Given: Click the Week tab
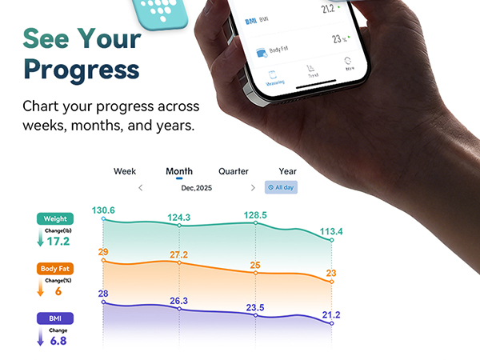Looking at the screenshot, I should pyautogui.click(x=125, y=171).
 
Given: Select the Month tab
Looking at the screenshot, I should pyautogui.click(x=178, y=171).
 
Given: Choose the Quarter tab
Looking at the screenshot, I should pyautogui.click(x=234, y=171).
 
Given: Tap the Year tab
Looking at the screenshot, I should pyautogui.click(x=287, y=171).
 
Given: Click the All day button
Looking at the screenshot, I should pyautogui.click(x=281, y=187).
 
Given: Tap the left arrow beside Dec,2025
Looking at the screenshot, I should pyautogui.click(x=141, y=187).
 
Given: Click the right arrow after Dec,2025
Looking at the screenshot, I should pyautogui.click(x=253, y=187).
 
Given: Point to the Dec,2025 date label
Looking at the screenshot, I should pyautogui.click(x=197, y=187).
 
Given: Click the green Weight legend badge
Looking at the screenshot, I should pyautogui.click(x=55, y=218).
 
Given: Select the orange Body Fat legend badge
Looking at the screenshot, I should pyautogui.click(x=55, y=269).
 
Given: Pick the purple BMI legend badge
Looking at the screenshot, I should pyautogui.click(x=55, y=318).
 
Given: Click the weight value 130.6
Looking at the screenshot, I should pyautogui.click(x=103, y=210).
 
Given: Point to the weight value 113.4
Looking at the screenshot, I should pyautogui.click(x=330, y=233).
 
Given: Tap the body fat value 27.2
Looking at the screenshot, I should pyautogui.click(x=178, y=255).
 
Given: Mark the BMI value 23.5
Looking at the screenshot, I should pyautogui.click(x=255, y=307).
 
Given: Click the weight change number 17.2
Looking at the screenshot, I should pyautogui.click(x=58, y=241).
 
